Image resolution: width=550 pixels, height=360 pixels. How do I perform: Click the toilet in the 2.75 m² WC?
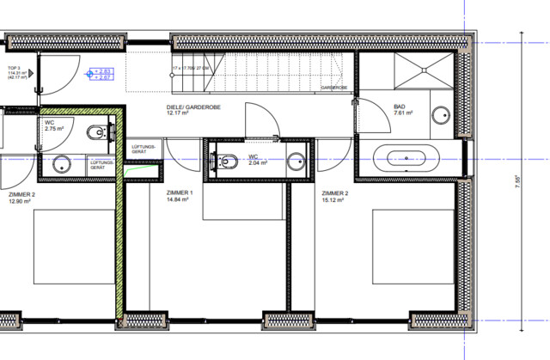[x=98, y=132]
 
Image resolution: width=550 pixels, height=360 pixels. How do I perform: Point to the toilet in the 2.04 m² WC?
[x=228, y=160]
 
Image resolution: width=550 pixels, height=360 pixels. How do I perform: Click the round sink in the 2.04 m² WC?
[x=296, y=160]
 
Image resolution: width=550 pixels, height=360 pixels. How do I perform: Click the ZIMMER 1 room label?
[x=180, y=192]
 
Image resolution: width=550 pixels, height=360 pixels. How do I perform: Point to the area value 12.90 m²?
[x=18, y=202]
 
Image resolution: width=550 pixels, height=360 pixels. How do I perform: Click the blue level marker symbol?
[x=90, y=75]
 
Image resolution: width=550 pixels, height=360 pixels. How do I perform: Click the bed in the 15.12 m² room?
[x=411, y=246]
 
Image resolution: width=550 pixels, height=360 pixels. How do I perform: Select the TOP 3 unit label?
[x=14, y=67]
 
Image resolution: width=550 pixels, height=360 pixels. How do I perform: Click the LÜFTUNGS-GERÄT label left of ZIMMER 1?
[x=143, y=149]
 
